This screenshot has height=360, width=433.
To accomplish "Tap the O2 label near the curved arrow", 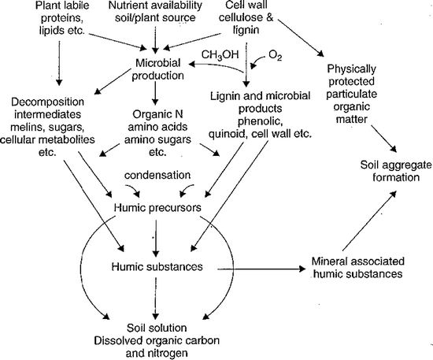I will pos(276,56).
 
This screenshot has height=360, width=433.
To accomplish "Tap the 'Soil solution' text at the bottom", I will pos(157,328).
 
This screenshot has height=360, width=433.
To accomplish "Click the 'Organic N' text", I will pos(156,114).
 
